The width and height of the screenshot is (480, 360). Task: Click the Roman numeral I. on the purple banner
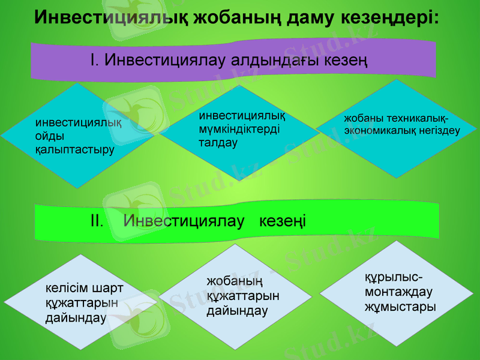pyautogui.click(x=94, y=59)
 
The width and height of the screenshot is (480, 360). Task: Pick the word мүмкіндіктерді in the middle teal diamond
pyautogui.click(x=239, y=129)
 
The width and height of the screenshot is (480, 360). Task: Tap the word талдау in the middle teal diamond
pyautogui.click(x=218, y=143)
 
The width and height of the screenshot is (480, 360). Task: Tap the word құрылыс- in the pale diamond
pyautogui.click(x=393, y=278)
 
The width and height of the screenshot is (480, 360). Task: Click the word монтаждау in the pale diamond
pyautogui.click(x=398, y=292)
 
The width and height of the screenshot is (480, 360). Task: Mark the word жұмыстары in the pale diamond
pyautogui.click(x=400, y=307)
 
